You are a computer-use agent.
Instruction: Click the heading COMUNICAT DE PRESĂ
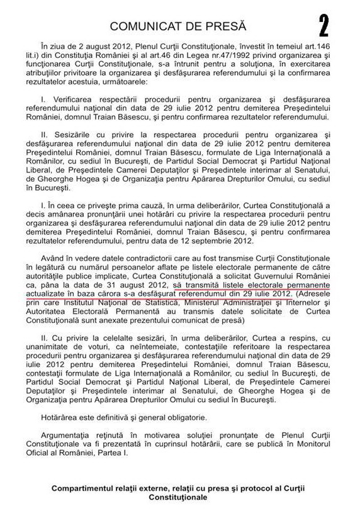pyautogui.click(x=179, y=26)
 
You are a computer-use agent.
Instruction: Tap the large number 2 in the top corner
pyautogui.click(x=323, y=26)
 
